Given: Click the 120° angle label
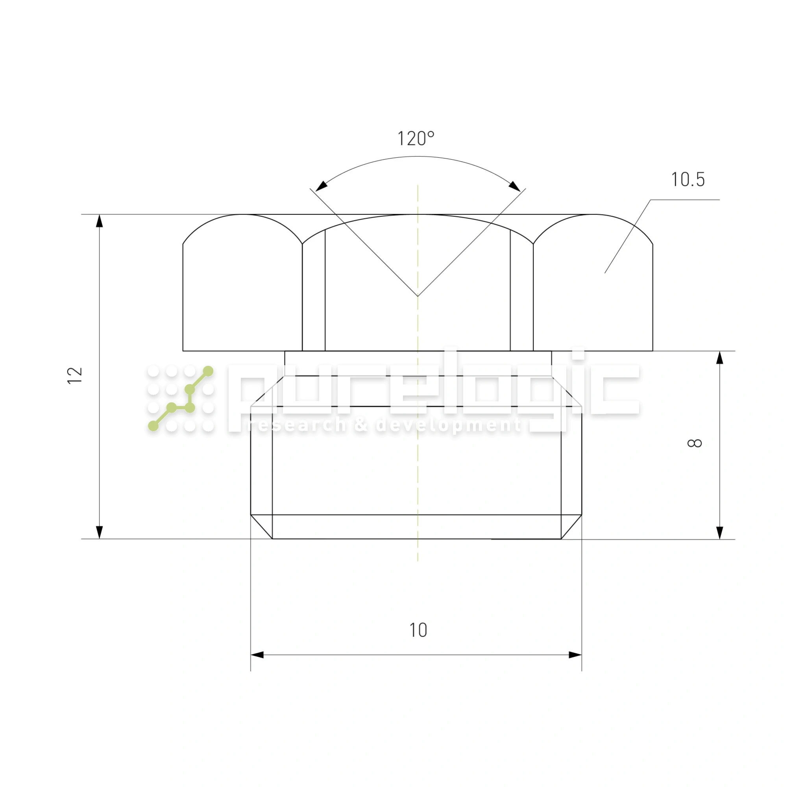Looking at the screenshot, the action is [x=416, y=139].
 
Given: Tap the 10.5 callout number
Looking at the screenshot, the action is [x=687, y=180].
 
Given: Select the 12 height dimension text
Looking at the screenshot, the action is [x=75, y=375].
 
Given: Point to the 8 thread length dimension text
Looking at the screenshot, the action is [x=695, y=443].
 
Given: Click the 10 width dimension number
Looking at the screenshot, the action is [x=418, y=630].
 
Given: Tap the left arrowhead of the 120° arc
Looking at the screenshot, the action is [x=321, y=186].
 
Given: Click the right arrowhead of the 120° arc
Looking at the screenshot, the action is [x=514, y=186].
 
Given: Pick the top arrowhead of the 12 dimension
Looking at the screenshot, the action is [x=100, y=221].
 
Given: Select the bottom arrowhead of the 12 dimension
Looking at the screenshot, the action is [x=100, y=532].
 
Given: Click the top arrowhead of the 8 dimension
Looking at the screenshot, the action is [x=720, y=358].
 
